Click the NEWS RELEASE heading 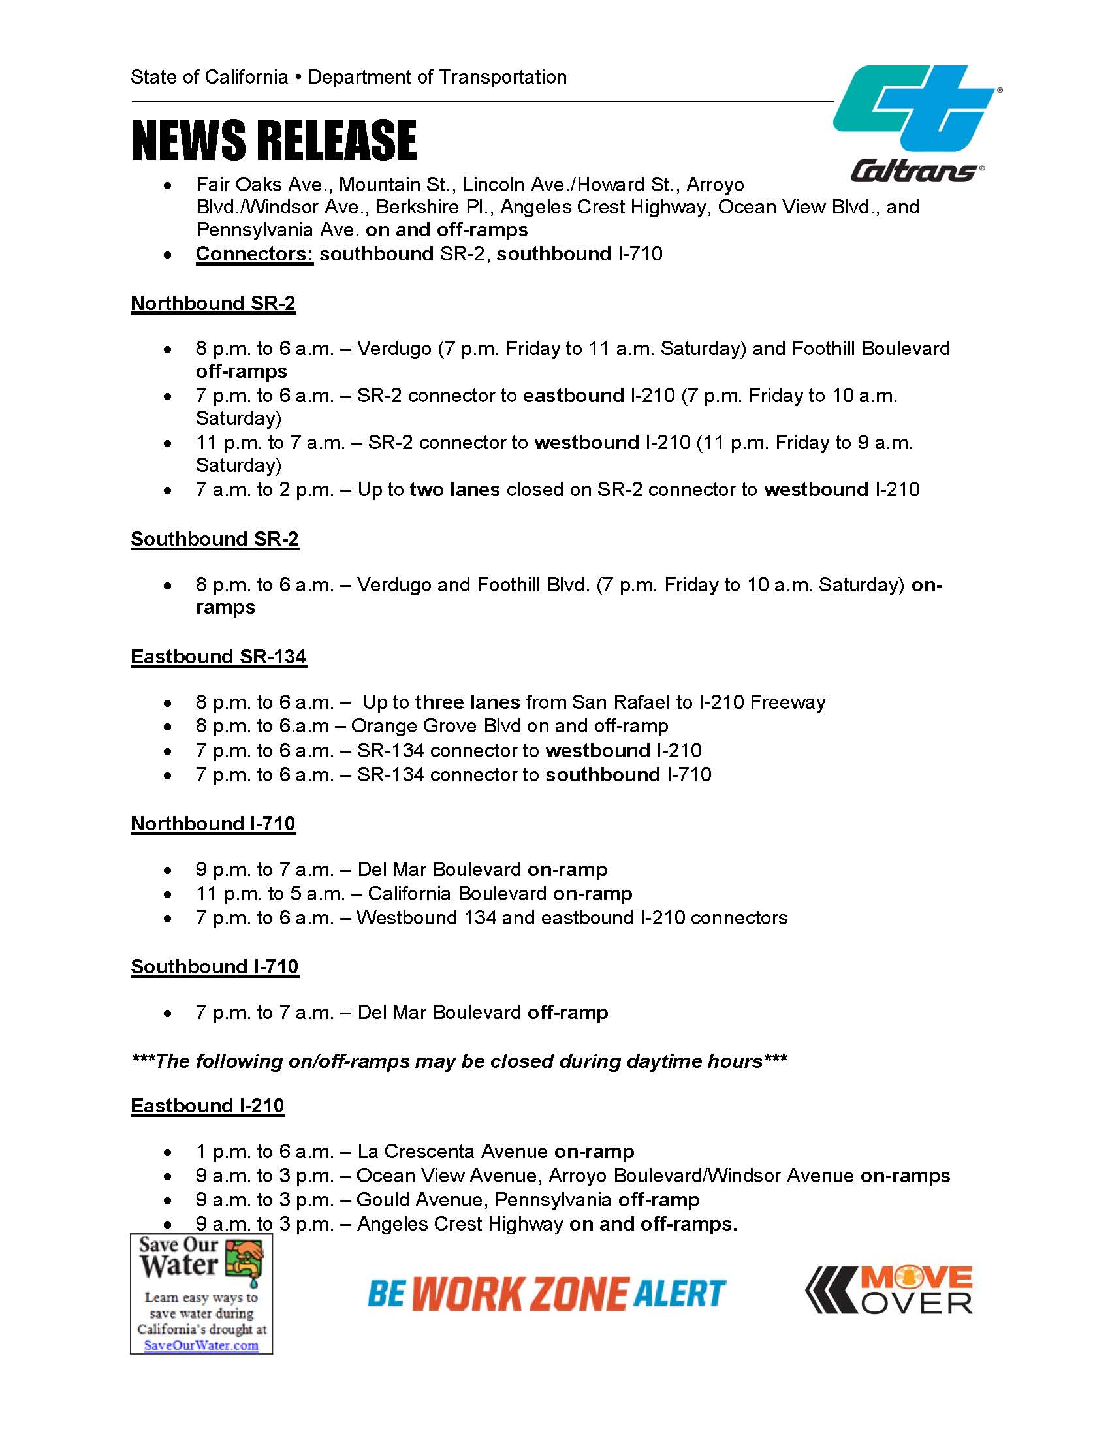(x=274, y=140)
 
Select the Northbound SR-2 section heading (x=214, y=304)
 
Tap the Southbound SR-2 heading (x=215, y=539)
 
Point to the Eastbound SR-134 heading (x=219, y=657)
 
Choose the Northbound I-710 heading (x=214, y=824)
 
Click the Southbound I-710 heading (x=215, y=967)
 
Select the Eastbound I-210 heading (x=208, y=1106)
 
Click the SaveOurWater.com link (x=201, y=1345)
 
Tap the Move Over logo (x=889, y=1291)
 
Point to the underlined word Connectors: (x=255, y=254)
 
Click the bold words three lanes (x=468, y=702)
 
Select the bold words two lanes (x=455, y=490)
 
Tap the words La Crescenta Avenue (x=452, y=1152)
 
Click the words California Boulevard (x=457, y=894)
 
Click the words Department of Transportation (x=437, y=77)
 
